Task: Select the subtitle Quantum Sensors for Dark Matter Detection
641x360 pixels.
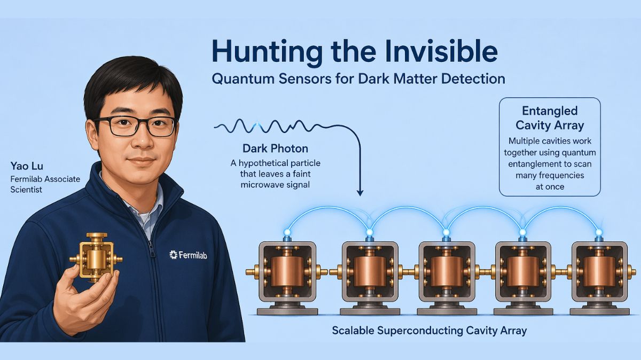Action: pos(358,79)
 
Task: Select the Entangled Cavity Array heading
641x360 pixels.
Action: pos(550,118)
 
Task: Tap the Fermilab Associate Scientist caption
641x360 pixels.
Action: pos(45,184)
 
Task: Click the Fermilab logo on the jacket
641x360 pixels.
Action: pos(188,255)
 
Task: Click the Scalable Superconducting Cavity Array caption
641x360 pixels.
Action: pos(429,331)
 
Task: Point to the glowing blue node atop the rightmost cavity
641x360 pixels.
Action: pos(599,232)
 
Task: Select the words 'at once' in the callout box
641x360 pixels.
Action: pos(549,187)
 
